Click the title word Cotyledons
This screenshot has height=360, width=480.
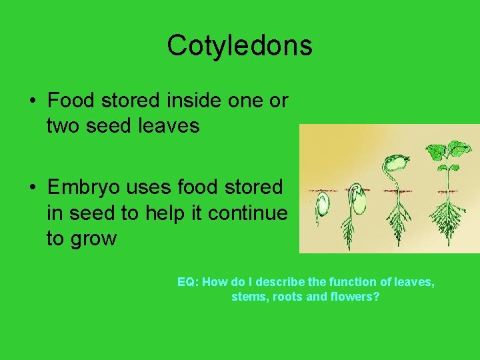pyautogui.click(x=239, y=45)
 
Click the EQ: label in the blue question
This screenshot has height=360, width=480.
pyautogui.click(x=188, y=282)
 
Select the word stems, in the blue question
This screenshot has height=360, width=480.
pyautogui.click(x=248, y=296)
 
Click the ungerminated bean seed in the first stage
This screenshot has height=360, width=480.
pyautogui.click(x=323, y=205)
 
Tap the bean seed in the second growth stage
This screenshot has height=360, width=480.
pyautogui.click(x=359, y=201)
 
